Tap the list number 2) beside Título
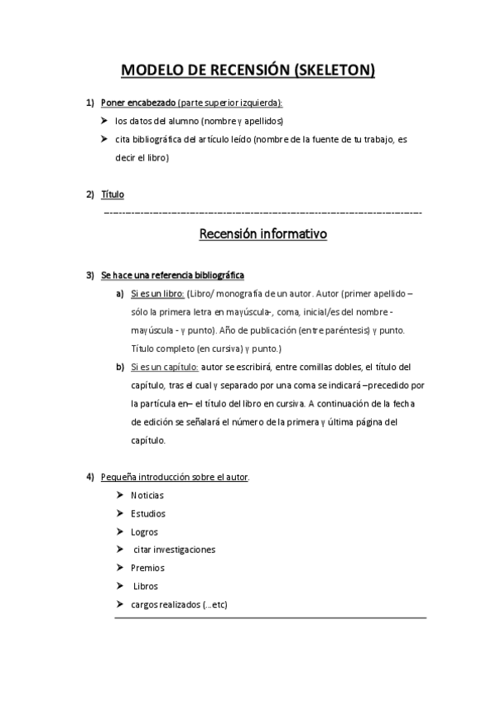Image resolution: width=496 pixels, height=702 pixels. pyautogui.click(x=89, y=195)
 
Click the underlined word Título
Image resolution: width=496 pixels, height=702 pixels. pyautogui.click(x=112, y=195)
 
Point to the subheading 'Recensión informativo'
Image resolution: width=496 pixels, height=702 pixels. pyautogui.click(x=263, y=234)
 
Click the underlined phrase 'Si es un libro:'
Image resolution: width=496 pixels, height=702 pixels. pyautogui.click(x=157, y=293)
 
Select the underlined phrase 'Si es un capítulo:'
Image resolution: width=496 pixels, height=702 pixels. pyautogui.click(x=164, y=366)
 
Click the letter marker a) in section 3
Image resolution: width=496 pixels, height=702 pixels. pyautogui.click(x=120, y=293)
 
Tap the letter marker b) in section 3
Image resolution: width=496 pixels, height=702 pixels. pyautogui.click(x=120, y=366)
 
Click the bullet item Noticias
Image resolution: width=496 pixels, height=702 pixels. pyautogui.click(x=147, y=495)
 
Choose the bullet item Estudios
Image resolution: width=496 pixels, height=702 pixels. pyautogui.click(x=147, y=513)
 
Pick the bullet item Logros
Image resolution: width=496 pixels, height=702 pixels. pyautogui.click(x=144, y=531)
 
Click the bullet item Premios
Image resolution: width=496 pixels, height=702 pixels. pyautogui.click(x=147, y=568)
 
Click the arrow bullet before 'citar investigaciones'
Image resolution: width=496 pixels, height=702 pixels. pyautogui.click(x=121, y=550)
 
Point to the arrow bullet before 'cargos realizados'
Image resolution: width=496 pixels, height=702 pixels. pyautogui.click(x=121, y=604)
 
